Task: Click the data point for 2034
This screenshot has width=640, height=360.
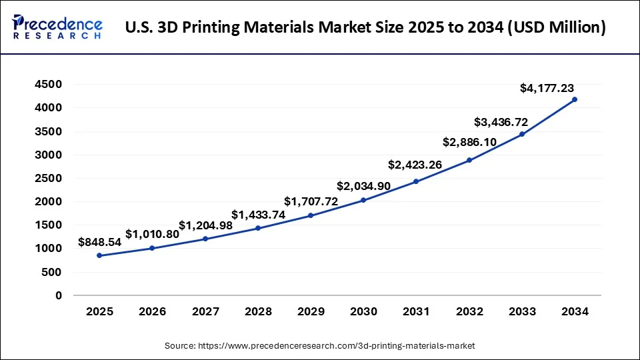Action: coord(575,99)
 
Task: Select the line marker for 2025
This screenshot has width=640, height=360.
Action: coord(99,255)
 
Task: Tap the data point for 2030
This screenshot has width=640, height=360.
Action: coord(363,200)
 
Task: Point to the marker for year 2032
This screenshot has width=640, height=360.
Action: coord(469,160)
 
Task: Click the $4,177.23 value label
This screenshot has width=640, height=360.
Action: coord(547,88)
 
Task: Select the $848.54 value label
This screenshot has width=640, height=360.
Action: coord(100,242)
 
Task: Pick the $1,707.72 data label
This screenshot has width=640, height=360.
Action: coord(311,201)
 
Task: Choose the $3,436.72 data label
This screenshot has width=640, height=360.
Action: coord(501,122)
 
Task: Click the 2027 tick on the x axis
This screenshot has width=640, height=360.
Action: coord(205,311)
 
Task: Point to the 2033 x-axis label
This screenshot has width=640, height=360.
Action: coord(522,311)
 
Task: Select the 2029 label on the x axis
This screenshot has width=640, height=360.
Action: coord(311,311)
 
